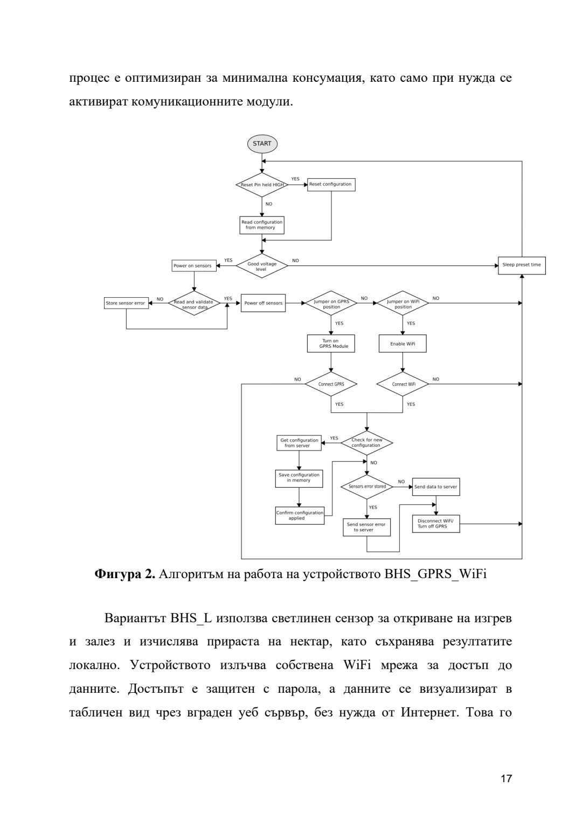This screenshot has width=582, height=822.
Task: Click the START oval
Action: pyautogui.click(x=262, y=144)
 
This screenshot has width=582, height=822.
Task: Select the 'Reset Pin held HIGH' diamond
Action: pyautogui.click(x=262, y=185)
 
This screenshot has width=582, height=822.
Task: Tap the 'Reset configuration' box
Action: pyautogui.click(x=331, y=185)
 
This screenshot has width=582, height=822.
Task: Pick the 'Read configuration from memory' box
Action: pyautogui.click(x=262, y=225)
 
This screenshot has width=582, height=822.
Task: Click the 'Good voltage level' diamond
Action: pyautogui.click(x=262, y=266)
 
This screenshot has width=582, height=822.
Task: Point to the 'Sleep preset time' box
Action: pyautogui.click(x=521, y=265)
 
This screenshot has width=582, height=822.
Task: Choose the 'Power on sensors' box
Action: pyautogui.click(x=193, y=266)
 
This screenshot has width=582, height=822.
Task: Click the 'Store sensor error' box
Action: pyautogui.click(x=126, y=303)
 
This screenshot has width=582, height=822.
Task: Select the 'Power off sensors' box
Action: pyautogui.click(x=263, y=303)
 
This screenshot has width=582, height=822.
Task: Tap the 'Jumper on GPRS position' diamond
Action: pyautogui.click(x=331, y=304)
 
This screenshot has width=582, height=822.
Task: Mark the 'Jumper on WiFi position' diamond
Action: pyautogui.click(x=403, y=304)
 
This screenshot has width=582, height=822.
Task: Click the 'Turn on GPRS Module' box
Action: pyautogui.click(x=331, y=343)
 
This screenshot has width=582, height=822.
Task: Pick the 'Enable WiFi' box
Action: pyautogui.click(x=403, y=343)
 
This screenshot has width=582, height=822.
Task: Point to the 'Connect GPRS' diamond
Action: pyautogui.click(x=331, y=384)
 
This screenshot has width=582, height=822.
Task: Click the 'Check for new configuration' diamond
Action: pyautogui.click(x=366, y=443)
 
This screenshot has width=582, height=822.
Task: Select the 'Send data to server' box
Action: pyautogui.click(x=435, y=487)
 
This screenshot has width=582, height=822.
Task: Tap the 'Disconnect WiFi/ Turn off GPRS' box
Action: pyautogui.click(x=435, y=524)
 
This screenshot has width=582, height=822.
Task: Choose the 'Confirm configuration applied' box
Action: pyautogui.click(x=300, y=516)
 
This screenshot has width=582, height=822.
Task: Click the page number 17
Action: pyautogui.click(x=506, y=779)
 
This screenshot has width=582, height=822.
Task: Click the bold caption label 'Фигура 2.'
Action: pyautogui.click(x=125, y=574)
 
